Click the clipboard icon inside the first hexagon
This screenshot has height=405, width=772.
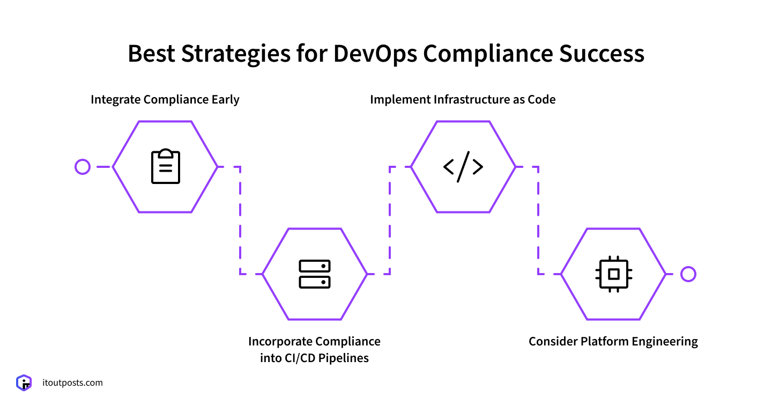coord(165,167)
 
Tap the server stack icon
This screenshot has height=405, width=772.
coord(315,274)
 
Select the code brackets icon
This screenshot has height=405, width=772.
coord(463,167)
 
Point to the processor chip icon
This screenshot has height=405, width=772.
coord(613,274)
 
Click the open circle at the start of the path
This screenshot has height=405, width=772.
coord(83,167)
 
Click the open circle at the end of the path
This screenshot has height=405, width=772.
coord(688,274)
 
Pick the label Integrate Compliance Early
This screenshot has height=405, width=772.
coord(165,100)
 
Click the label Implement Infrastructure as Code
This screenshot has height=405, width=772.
coord(463,100)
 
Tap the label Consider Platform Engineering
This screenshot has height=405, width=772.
coord(613,342)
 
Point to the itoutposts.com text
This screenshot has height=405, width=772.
coord(72,383)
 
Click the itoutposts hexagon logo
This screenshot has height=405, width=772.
coord(24,383)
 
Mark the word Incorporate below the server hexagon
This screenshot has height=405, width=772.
coord(280,342)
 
